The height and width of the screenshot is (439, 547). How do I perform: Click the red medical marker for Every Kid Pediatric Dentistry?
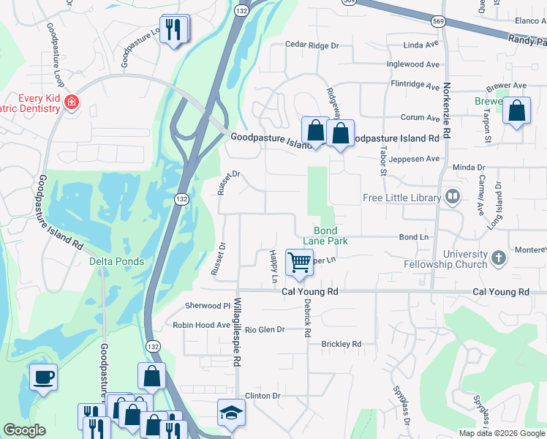coord(71,102)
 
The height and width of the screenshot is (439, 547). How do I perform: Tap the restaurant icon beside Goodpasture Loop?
coord(173,29)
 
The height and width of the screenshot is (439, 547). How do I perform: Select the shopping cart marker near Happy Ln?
coord(299,262)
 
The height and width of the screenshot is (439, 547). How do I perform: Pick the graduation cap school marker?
coord(231,413)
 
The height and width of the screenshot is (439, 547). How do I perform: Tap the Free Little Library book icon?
coord(453,197)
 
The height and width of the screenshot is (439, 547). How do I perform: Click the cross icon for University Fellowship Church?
coord(498,257)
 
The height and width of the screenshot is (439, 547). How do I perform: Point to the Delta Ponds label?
coord(116,261)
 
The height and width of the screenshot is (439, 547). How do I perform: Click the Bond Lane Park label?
coord(325,235)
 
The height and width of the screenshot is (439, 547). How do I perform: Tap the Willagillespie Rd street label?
coord(238,332)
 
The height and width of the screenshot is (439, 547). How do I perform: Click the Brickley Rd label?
coord(342,344)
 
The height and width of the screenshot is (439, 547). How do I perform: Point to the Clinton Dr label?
coord(263,396)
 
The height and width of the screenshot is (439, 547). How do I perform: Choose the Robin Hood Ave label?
coord(201,325)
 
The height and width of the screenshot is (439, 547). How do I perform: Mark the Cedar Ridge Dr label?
coord(312,45)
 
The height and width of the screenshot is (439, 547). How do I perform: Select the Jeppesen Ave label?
coord(415,158)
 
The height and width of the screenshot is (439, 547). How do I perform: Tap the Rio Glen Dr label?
coord(264,330)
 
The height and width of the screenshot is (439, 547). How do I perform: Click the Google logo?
coord(24,430)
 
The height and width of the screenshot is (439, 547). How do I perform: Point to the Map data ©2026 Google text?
coord(501,433)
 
